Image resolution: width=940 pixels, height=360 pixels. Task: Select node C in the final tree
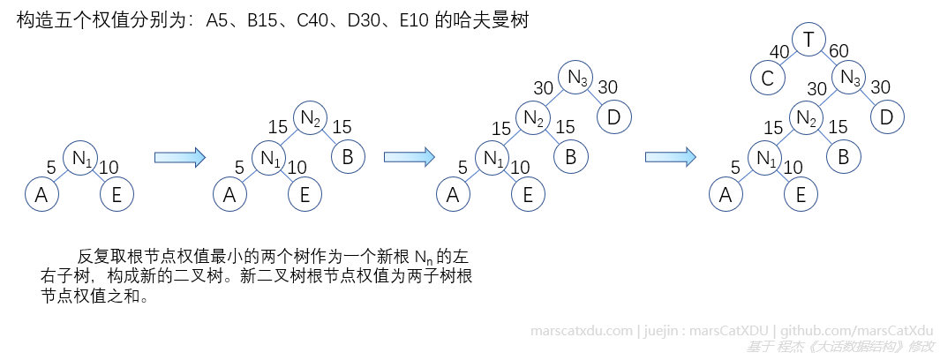tap(767, 79)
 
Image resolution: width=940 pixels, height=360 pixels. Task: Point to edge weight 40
tap(779, 52)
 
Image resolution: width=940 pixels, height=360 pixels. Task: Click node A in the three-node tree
tap(41, 196)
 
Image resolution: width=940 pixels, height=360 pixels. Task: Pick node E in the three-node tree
tap(117, 196)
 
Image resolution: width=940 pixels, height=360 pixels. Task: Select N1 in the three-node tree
tap(82, 159)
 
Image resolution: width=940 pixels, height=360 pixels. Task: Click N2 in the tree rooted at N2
tap(309, 118)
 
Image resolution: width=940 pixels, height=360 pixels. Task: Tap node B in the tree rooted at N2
tap(347, 158)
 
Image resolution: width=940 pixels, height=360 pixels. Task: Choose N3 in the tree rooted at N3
tap(577, 78)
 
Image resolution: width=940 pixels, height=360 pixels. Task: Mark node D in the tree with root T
tap(886, 116)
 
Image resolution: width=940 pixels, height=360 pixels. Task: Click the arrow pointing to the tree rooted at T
tap(671, 157)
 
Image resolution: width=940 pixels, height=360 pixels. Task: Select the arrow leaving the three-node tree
tap(179, 157)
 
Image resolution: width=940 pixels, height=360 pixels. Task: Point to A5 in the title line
tap(216, 20)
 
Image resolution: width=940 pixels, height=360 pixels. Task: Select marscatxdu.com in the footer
tap(582, 331)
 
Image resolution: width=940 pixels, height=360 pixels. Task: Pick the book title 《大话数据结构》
tap(844, 346)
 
